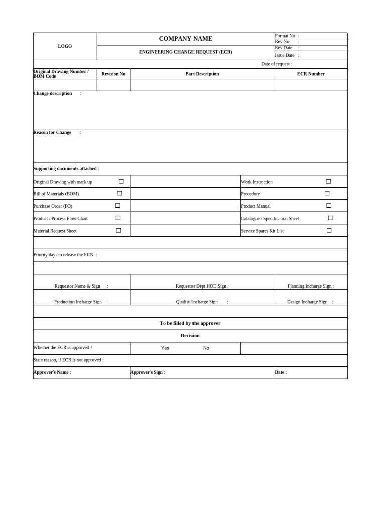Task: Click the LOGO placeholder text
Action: point(65,46)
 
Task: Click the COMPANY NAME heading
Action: point(185,39)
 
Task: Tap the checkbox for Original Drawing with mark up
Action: point(121,181)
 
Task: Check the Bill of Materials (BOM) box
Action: point(120,193)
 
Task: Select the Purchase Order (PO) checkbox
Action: point(118,206)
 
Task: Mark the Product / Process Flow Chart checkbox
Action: point(118,218)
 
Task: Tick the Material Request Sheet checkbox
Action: point(119,230)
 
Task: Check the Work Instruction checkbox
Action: point(329,181)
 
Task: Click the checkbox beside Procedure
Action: point(327,193)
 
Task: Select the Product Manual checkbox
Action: point(329,206)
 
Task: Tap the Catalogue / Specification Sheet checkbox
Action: point(331,218)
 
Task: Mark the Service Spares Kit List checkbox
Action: point(329,230)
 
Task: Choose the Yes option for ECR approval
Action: point(165,348)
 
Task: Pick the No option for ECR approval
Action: point(206,348)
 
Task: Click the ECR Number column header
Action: point(311,74)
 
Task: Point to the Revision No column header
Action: point(113,74)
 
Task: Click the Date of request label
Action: point(276,64)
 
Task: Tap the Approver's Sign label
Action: point(147,372)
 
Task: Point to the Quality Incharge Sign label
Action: point(197,302)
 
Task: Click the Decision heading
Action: point(190,335)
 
